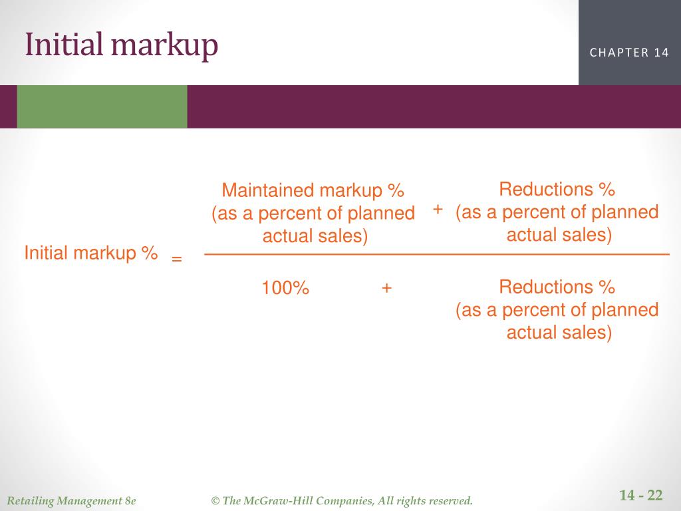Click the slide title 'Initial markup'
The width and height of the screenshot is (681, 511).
coord(122,45)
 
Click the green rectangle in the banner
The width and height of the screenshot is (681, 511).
coord(102,106)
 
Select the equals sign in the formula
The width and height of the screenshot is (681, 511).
coord(176,259)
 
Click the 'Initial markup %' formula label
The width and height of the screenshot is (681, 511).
coord(91,253)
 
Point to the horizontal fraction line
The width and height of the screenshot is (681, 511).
coord(436,255)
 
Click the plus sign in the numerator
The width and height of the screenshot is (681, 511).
coord(438,210)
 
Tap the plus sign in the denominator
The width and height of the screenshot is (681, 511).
coord(386,288)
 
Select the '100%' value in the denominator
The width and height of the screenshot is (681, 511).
coord(285,288)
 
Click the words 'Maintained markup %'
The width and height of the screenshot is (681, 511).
coord(313,190)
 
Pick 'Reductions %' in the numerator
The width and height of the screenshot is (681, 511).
coord(557,189)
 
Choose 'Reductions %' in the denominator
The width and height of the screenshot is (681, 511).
coord(557,287)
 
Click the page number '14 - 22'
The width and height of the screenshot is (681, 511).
coord(641,495)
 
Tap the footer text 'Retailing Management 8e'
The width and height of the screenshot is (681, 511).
coord(71,501)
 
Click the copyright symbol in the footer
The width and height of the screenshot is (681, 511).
coord(215,501)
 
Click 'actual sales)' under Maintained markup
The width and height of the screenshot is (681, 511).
coord(315,236)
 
